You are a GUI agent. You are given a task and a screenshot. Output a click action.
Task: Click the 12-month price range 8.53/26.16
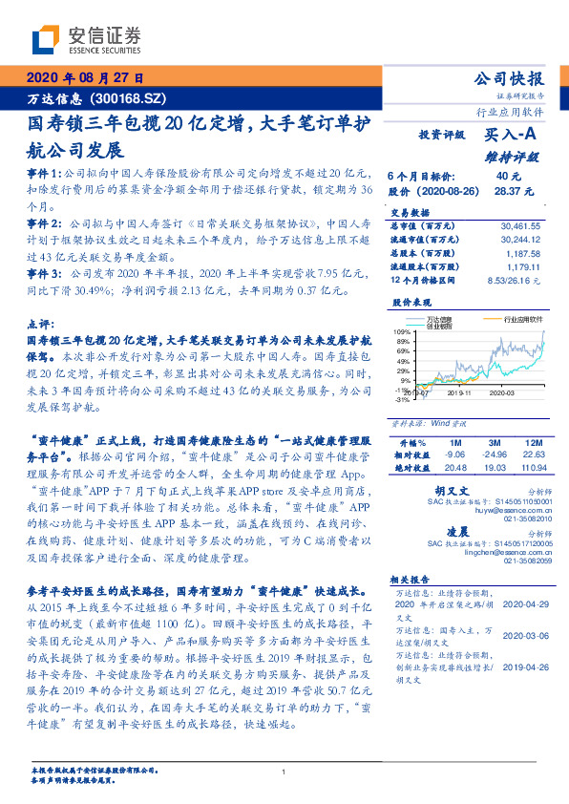(x=516, y=283)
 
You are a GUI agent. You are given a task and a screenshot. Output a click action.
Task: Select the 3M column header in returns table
(x=495, y=443)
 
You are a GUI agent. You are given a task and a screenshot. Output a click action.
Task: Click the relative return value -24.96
(x=495, y=455)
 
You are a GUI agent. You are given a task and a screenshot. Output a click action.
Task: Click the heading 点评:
(x=42, y=325)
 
